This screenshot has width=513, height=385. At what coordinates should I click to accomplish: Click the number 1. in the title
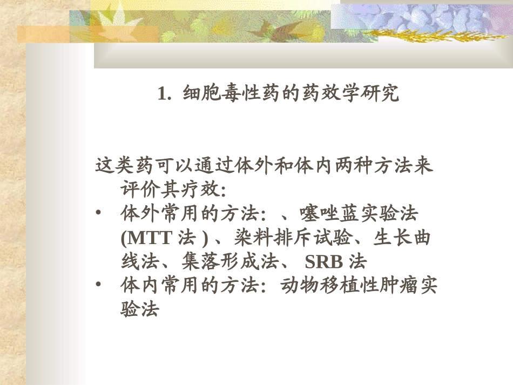pyautogui.click(x=165, y=94)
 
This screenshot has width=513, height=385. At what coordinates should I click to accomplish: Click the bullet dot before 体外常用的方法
pyautogui.click(x=98, y=214)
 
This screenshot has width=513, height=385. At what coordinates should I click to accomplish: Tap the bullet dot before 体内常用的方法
pyautogui.click(x=98, y=286)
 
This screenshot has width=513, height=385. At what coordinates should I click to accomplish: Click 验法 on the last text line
pyautogui.click(x=139, y=309)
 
